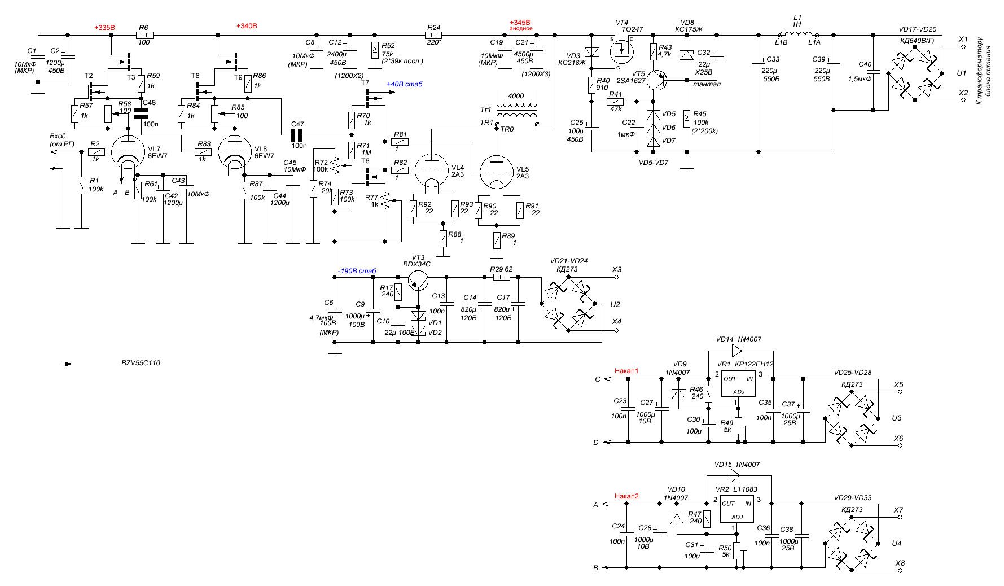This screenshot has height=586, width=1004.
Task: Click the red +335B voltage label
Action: coord(104,28)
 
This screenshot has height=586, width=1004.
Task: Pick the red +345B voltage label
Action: coord(520,23)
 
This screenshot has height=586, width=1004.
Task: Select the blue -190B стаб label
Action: coord(357,271)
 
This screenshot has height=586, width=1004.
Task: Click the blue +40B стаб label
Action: coord(405,84)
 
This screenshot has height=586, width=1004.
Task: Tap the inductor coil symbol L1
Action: coord(798,33)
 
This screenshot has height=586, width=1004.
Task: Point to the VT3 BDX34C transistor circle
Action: coord(418,280)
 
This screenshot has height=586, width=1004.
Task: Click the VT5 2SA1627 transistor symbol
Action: coord(656,80)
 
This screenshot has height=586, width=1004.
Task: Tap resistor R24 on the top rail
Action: coord(433,35)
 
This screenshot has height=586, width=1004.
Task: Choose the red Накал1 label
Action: coord(626,371)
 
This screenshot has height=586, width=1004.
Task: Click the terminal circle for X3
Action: coord(616,277)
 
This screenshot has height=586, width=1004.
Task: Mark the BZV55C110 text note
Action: coord(141,363)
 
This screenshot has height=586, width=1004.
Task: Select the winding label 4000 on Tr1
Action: coord(516,96)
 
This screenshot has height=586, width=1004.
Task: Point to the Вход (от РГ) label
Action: coord(62,140)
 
